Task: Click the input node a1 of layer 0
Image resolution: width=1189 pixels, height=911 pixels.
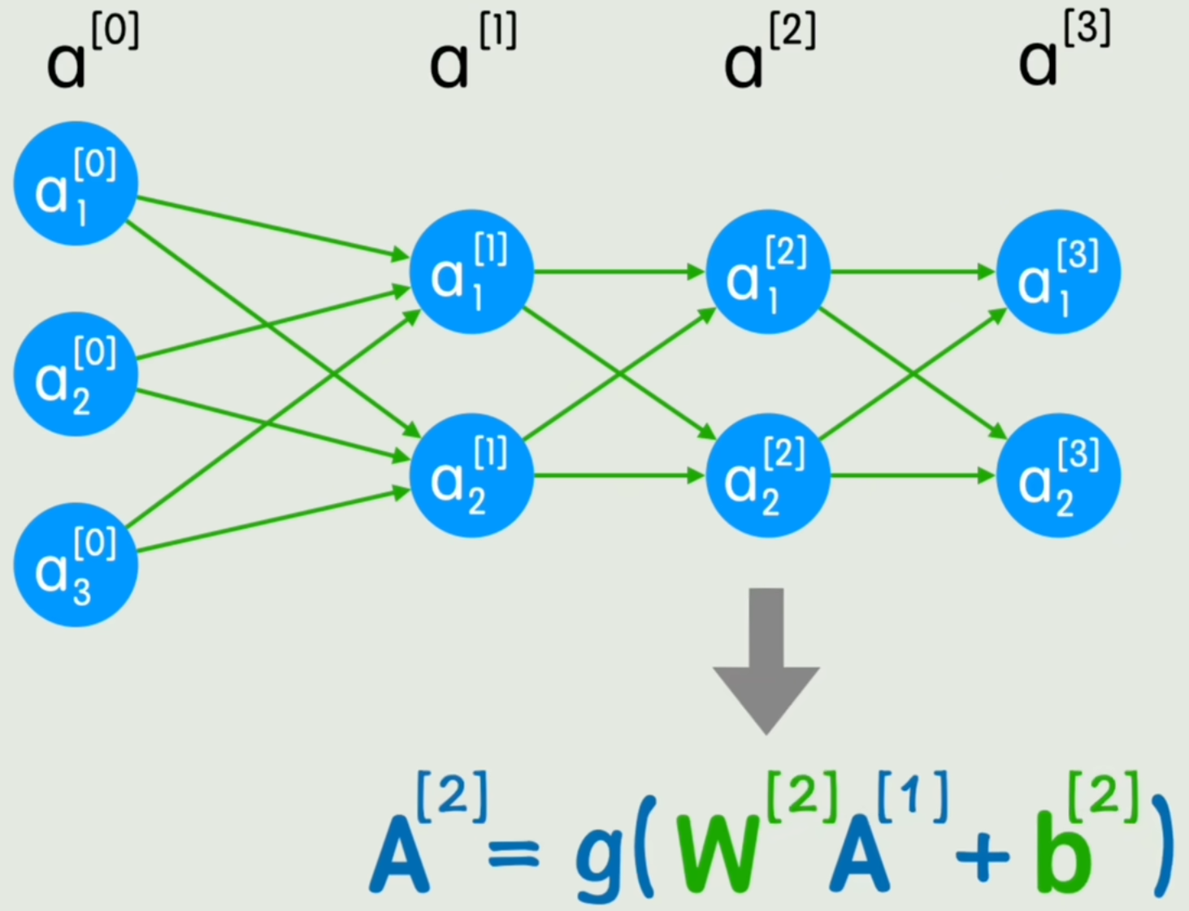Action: click(x=76, y=184)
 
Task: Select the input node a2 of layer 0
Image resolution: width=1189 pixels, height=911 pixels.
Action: click(x=76, y=374)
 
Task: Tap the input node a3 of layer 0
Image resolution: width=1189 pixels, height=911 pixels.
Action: click(x=76, y=565)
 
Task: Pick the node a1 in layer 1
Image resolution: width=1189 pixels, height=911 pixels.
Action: click(x=471, y=271)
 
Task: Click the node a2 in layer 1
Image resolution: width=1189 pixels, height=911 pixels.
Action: click(x=471, y=475)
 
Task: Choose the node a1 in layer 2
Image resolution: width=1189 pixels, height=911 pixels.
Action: click(x=767, y=271)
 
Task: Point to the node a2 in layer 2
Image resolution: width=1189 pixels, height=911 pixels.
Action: click(x=767, y=475)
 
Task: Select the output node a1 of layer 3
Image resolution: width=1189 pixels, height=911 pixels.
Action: click(x=1058, y=271)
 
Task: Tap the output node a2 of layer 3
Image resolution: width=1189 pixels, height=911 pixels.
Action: click(x=1058, y=475)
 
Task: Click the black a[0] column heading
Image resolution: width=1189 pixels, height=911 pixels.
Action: click(x=89, y=54)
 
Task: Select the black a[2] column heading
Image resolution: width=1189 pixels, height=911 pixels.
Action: click(x=767, y=54)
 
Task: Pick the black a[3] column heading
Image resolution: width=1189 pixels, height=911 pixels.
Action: click(x=1061, y=54)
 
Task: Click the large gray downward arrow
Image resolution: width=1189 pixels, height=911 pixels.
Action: click(x=766, y=658)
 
